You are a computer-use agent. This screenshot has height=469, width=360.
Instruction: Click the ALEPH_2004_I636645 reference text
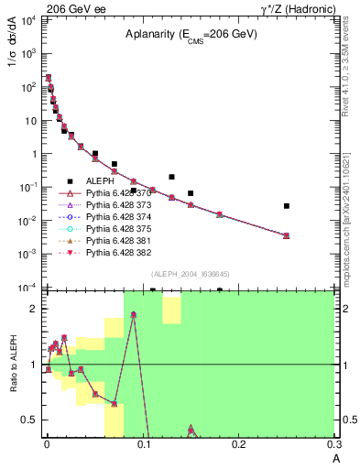click(182, 273)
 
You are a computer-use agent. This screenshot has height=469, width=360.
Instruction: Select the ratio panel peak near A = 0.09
click(134, 314)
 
